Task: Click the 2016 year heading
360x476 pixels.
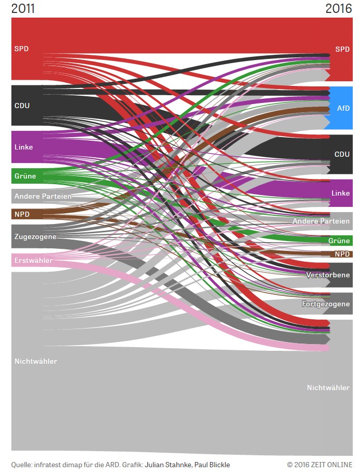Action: click(x=339, y=8)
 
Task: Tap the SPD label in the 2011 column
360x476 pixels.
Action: click(x=22, y=49)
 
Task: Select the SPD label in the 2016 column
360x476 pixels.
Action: click(x=342, y=49)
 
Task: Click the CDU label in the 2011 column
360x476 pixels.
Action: click(x=22, y=106)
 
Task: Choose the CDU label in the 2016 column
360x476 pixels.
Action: click(x=342, y=154)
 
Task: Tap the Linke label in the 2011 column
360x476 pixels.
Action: click(x=24, y=147)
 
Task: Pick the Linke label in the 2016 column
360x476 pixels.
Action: click(x=340, y=193)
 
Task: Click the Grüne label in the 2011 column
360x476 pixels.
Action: click(x=25, y=176)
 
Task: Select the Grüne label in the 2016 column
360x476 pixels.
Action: click(x=339, y=241)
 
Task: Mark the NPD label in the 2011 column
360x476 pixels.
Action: click(x=22, y=214)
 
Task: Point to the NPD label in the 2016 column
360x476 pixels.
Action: click(x=342, y=254)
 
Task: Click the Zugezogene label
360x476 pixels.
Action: click(x=35, y=236)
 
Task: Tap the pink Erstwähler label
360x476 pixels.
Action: click(x=34, y=260)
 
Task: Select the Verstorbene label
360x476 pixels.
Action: click(x=328, y=275)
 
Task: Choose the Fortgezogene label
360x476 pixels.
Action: click(x=326, y=304)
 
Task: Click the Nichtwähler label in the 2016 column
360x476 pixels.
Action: click(x=328, y=388)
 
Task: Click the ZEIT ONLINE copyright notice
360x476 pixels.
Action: click(x=320, y=465)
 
